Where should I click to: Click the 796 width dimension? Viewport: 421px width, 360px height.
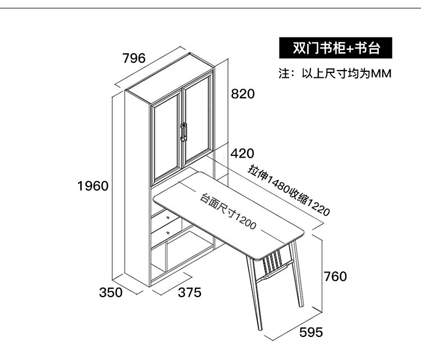134,58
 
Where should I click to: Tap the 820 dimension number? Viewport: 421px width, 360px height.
243,94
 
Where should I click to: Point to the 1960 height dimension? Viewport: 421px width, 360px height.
93,186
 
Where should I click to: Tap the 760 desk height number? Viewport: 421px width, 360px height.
336,276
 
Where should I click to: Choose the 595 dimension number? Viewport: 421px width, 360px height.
311,332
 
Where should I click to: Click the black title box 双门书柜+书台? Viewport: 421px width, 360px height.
336,48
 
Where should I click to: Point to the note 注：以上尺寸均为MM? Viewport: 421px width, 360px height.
335,74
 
